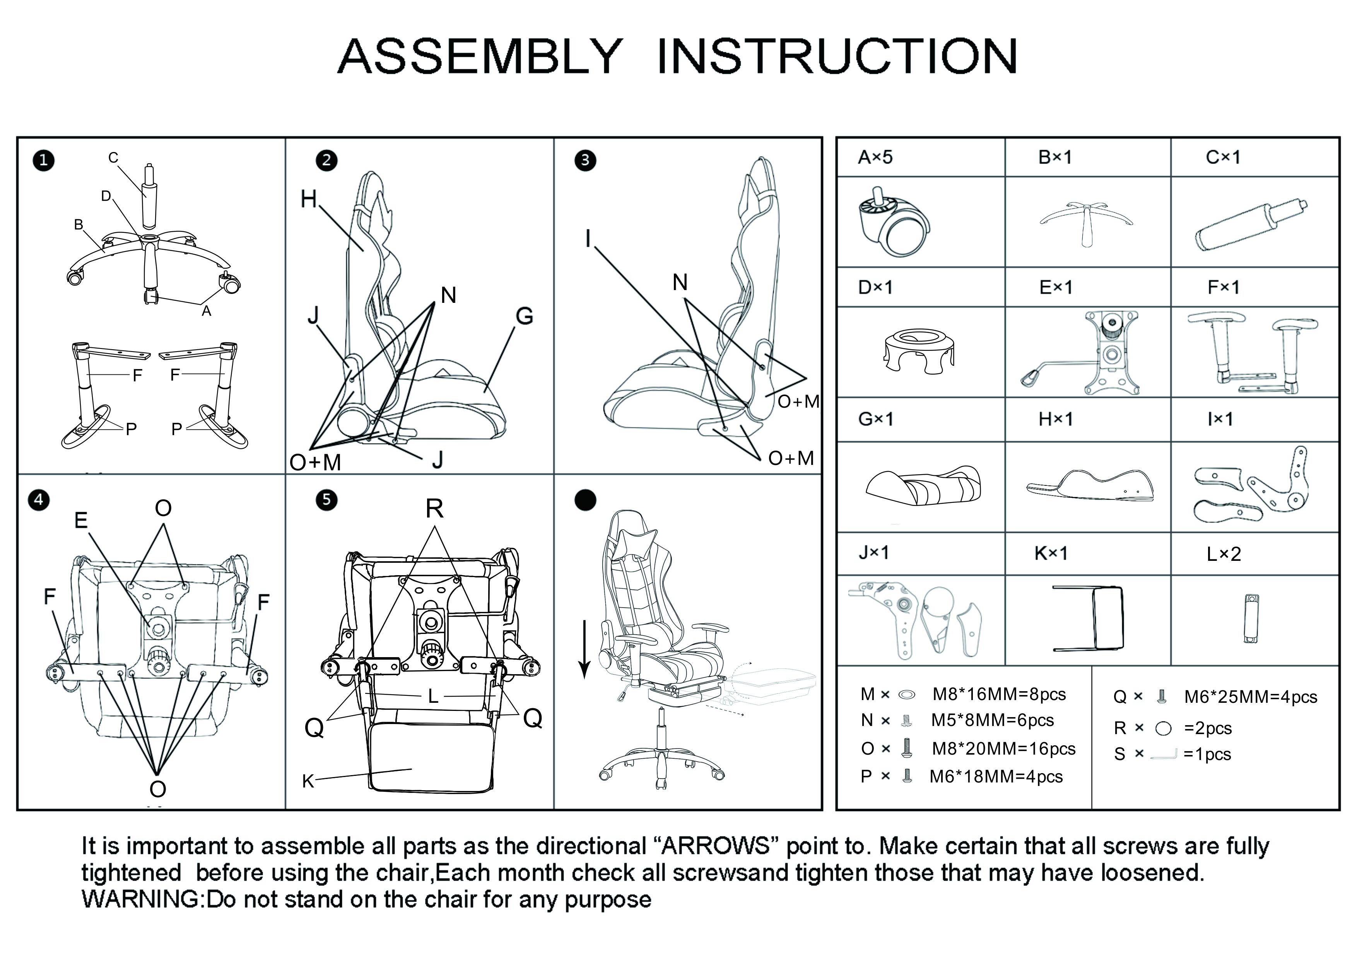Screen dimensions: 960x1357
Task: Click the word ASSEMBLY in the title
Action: coord(480,57)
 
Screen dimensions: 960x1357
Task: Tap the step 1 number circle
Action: coord(43,160)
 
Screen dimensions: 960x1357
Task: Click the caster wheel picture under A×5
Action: coord(892,222)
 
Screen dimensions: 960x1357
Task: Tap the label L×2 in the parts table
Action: coord(1224,554)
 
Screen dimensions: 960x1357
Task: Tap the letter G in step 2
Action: coord(524,316)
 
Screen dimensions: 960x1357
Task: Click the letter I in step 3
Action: coord(588,238)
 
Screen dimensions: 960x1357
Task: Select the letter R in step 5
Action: coord(434,508)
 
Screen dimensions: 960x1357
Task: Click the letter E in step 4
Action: coord(81,520)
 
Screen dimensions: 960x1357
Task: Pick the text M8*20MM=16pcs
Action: coord(1003,749)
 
